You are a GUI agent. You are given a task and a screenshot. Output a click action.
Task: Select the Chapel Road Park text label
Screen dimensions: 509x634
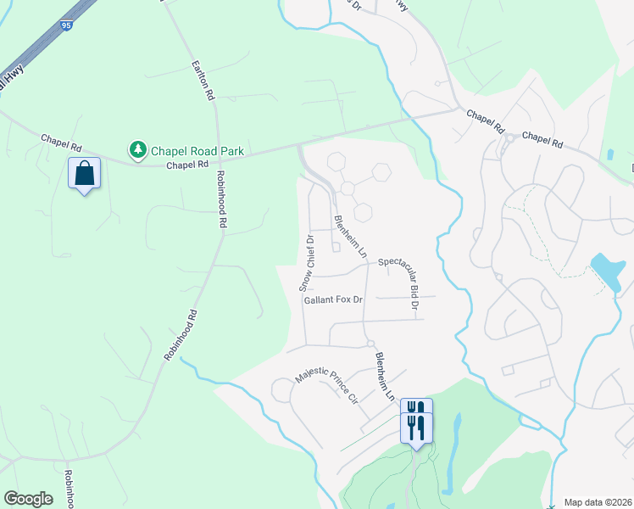pyautogui.click(x=197, y=151)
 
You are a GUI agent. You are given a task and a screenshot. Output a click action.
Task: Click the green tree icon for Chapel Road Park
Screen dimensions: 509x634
pyautogui.click(x=136, y=150)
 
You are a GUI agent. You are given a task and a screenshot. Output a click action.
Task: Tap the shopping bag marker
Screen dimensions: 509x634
pyautogui.click(x=85, y=173)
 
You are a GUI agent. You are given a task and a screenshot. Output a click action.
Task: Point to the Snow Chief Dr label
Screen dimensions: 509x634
pyautogui.click(x=306, y=262)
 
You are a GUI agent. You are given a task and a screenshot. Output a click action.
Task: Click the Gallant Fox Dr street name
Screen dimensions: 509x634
pyautogui.click(x=333, y=299)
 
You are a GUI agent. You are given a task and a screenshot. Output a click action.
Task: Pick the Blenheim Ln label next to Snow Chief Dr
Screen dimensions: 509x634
pyautogui.click(x=350, y=237)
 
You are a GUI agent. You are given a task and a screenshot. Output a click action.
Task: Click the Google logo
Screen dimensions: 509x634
pyautogui.click(x=28, y=499)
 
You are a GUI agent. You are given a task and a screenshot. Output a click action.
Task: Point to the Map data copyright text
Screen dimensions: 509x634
pyautogui.click(x=598, y=501)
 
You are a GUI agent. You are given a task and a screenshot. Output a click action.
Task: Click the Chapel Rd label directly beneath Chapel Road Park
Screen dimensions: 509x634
pyautogui.click(x=182, y=166)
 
